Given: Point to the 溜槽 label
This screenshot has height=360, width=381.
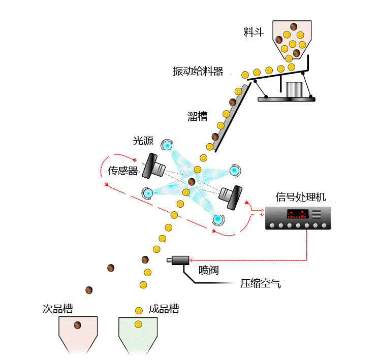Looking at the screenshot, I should [198, 116].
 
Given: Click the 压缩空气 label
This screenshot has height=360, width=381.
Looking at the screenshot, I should [260, 283].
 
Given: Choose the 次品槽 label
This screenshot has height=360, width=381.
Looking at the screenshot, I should [57, 309].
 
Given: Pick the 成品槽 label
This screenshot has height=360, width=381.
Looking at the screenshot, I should [164, 309].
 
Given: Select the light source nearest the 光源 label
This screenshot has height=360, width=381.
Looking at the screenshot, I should [167, 145].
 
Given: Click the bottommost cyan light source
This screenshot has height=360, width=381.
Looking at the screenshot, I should [218, 219].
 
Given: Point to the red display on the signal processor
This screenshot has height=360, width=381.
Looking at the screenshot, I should [297, 214].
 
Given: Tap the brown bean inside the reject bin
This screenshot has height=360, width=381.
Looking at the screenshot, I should [78, 325].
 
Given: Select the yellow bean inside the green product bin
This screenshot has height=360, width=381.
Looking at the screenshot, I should [138, 324].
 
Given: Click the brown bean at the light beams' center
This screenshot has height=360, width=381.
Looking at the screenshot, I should [192, 181].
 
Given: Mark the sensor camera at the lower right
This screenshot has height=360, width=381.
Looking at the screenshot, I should [231, 197].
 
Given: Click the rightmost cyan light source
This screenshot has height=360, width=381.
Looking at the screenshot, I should [234, 171].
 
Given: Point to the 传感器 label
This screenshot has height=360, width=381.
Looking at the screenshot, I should [123, 171].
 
